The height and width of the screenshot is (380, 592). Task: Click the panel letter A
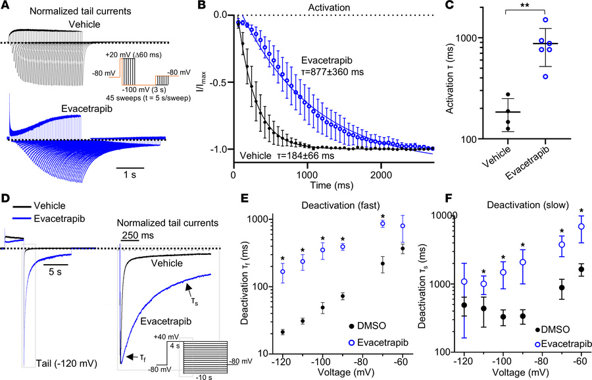[x=5, y=6]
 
